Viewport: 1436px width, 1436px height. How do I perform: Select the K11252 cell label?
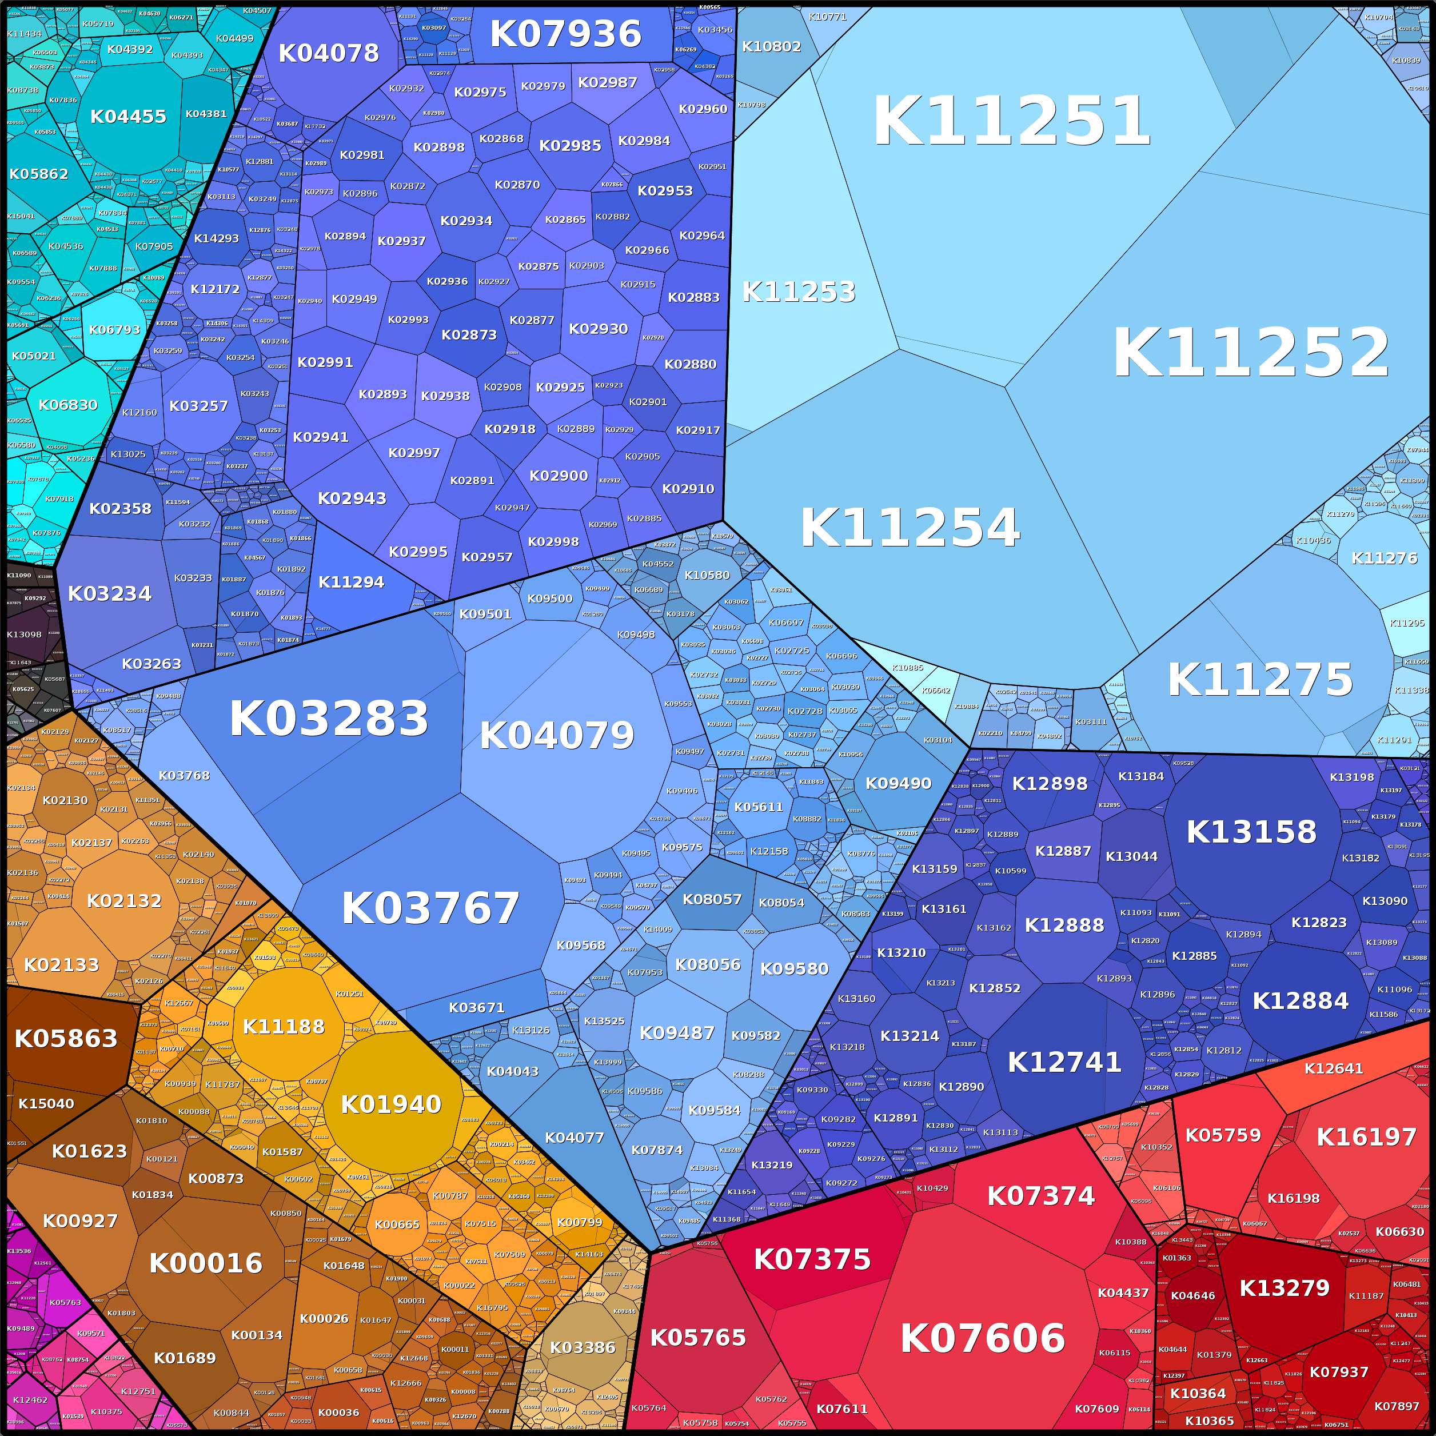click(1250, 354)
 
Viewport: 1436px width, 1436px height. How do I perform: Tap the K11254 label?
click(910, 528)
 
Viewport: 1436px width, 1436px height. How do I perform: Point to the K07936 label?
click(565, 34)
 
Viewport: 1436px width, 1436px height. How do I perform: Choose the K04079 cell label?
click(557, 736)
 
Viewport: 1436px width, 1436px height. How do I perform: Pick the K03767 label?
click(430, 908)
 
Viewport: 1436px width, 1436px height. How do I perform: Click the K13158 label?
click(1251, 832)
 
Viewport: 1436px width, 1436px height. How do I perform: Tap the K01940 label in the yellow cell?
click(391, 1104)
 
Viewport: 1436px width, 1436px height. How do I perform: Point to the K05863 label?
click(66, 1038)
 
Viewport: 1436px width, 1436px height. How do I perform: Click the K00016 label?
click(206, 1263)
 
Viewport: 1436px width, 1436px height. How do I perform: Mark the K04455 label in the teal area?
click(128, 117)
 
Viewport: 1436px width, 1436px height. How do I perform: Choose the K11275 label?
click(1260, 679)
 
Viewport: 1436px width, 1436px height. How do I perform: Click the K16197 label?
click(1366, 1136)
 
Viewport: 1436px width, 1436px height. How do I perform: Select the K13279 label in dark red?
click(1285, 1288)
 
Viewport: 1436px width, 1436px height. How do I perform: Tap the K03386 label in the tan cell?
click(583, 1347)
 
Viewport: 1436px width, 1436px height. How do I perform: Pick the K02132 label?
click(124, 901)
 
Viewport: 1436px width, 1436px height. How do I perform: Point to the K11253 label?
click(799, 292)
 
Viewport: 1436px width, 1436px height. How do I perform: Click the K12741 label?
click(1064, 1062)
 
